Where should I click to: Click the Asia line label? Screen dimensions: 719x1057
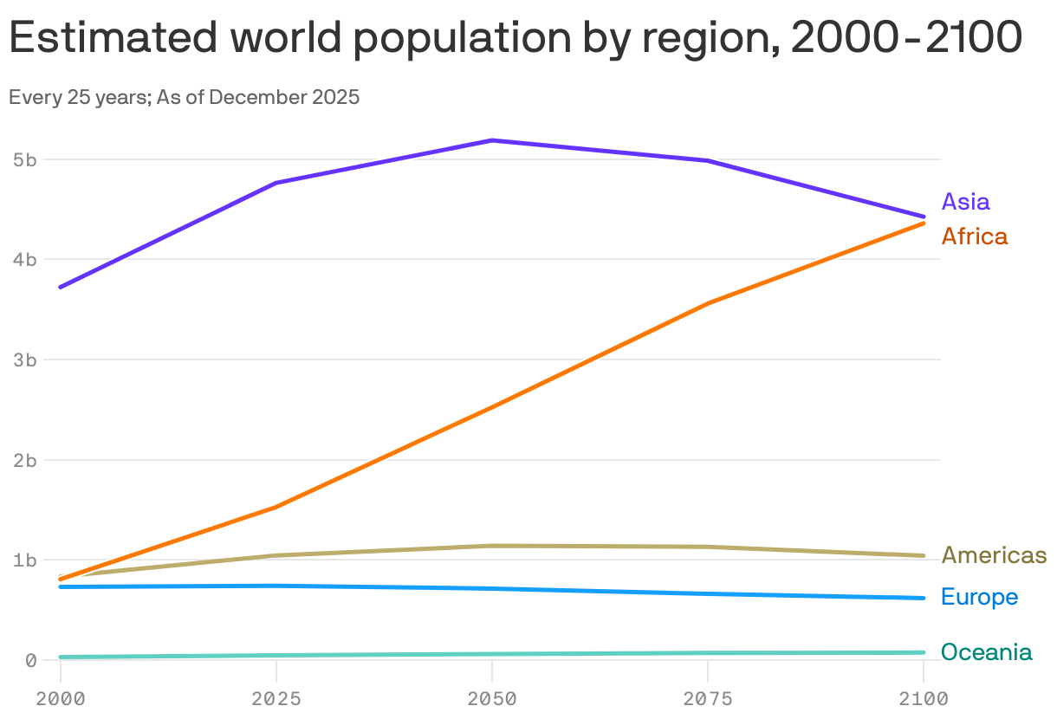[965, 202]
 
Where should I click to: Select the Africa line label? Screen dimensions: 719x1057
[974, 236]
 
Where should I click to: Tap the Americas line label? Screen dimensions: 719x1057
[994, 555]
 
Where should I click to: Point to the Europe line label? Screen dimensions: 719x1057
[979, 597]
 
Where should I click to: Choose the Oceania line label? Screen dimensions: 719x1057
[986, 652]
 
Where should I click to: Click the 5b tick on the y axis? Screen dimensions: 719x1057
[24, 159]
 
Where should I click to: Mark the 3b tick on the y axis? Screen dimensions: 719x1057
[24, 359]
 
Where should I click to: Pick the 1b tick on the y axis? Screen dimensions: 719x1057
[24, 560]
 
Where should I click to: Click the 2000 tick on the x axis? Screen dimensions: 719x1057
[60, 699]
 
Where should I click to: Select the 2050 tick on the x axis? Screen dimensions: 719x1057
[492, 699]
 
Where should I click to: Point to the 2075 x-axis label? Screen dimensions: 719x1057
[708, 699]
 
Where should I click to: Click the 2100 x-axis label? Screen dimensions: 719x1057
[924, 699]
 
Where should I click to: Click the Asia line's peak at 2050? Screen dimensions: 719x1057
[492, 140]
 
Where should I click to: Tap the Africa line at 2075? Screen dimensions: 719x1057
[708, 303]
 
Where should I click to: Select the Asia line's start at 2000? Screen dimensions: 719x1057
[60, 287]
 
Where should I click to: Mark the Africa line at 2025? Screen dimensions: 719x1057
[276, 508]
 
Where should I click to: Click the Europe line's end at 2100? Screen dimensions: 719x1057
[924, 598]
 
